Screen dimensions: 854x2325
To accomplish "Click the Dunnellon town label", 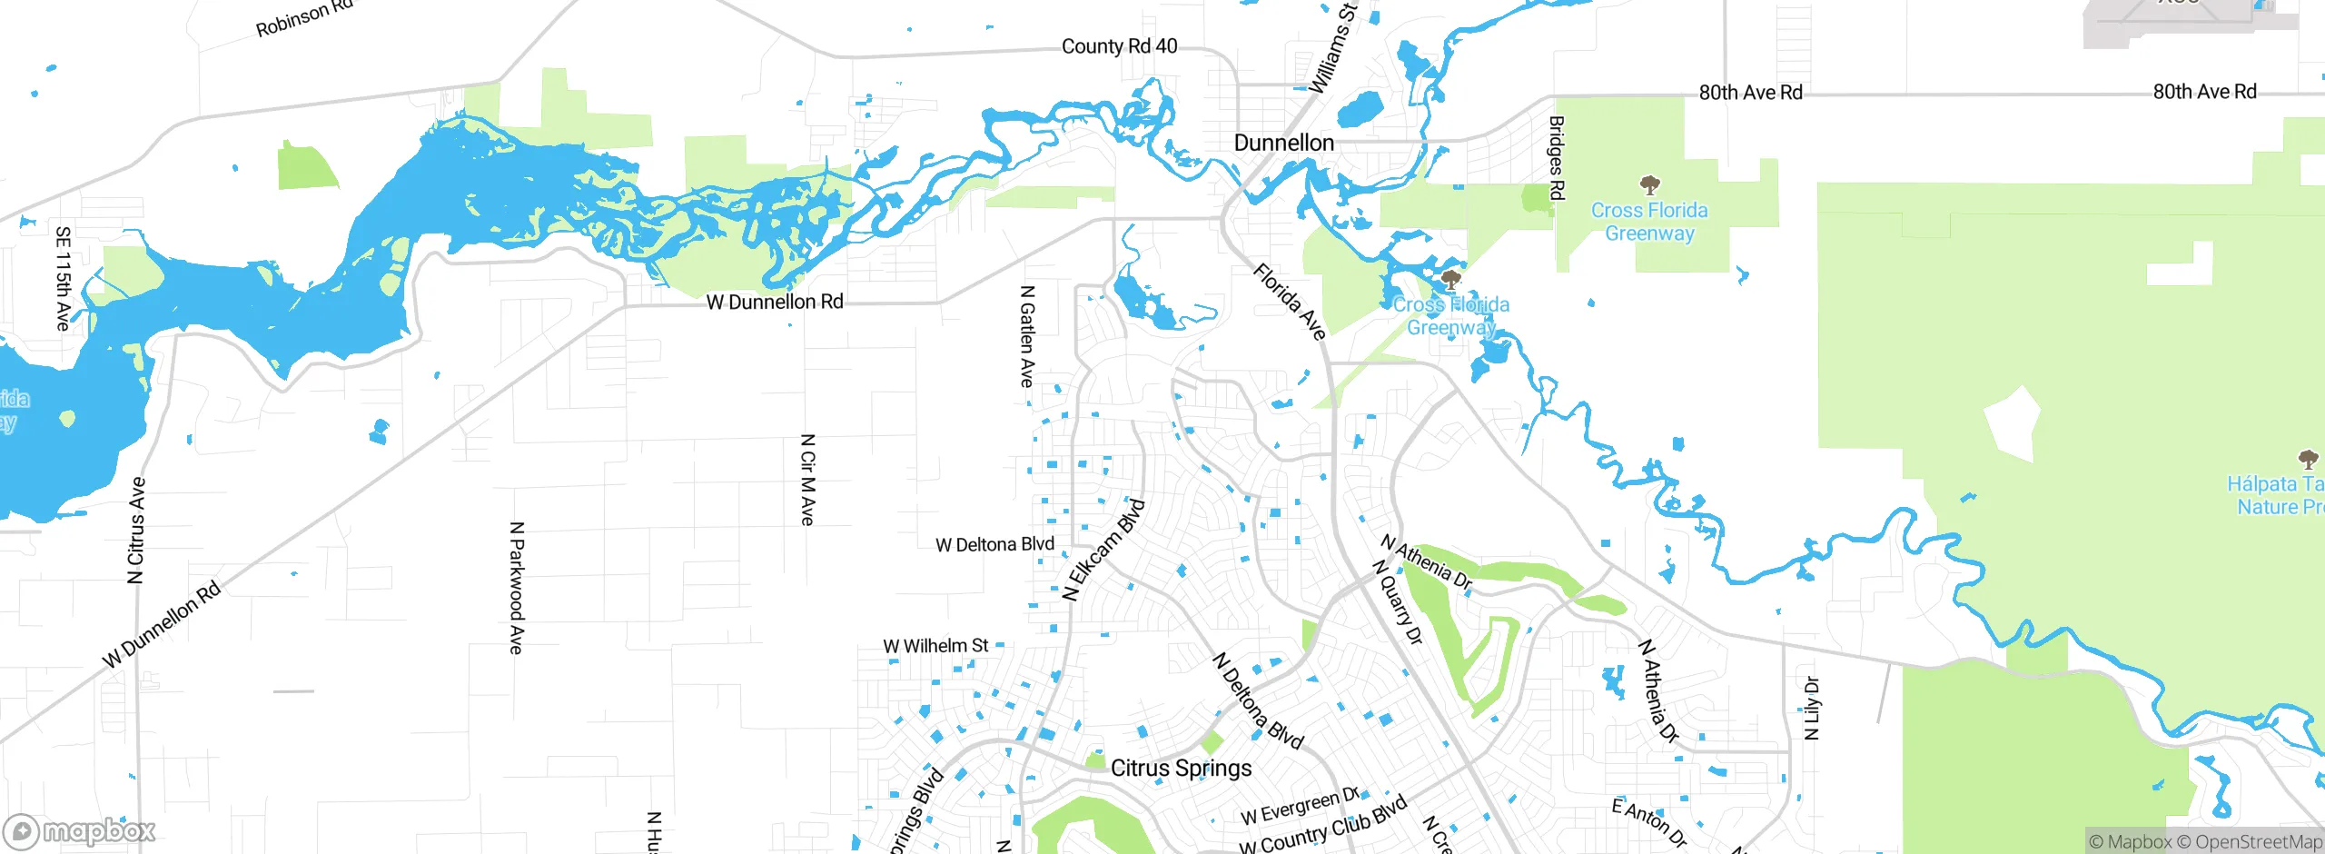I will (1283, 143).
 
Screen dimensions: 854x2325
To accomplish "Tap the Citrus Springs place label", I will (1181, 768).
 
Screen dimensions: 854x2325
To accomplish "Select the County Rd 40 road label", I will (1119, 46).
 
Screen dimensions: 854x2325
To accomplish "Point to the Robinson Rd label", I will (303, 18).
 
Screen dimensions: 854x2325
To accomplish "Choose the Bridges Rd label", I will (1556, 158).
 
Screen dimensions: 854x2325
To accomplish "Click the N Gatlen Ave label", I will (1027, 336).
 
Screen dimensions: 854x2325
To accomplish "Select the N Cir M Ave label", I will (807, 479).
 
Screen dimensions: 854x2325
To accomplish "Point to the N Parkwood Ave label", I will (516, 587).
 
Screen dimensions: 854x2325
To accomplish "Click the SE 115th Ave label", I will (63, 278).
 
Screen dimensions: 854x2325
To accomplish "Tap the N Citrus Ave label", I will (136, 530).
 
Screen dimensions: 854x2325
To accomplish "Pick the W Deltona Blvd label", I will (994, 544).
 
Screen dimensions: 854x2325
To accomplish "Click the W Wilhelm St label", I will (935, 646).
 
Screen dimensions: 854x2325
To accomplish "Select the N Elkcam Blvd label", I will (1103, 550).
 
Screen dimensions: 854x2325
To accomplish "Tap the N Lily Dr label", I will (1811, 708).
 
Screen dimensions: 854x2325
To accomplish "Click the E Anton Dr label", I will (1648, 823).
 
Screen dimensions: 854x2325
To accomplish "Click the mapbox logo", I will (80, 831).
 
